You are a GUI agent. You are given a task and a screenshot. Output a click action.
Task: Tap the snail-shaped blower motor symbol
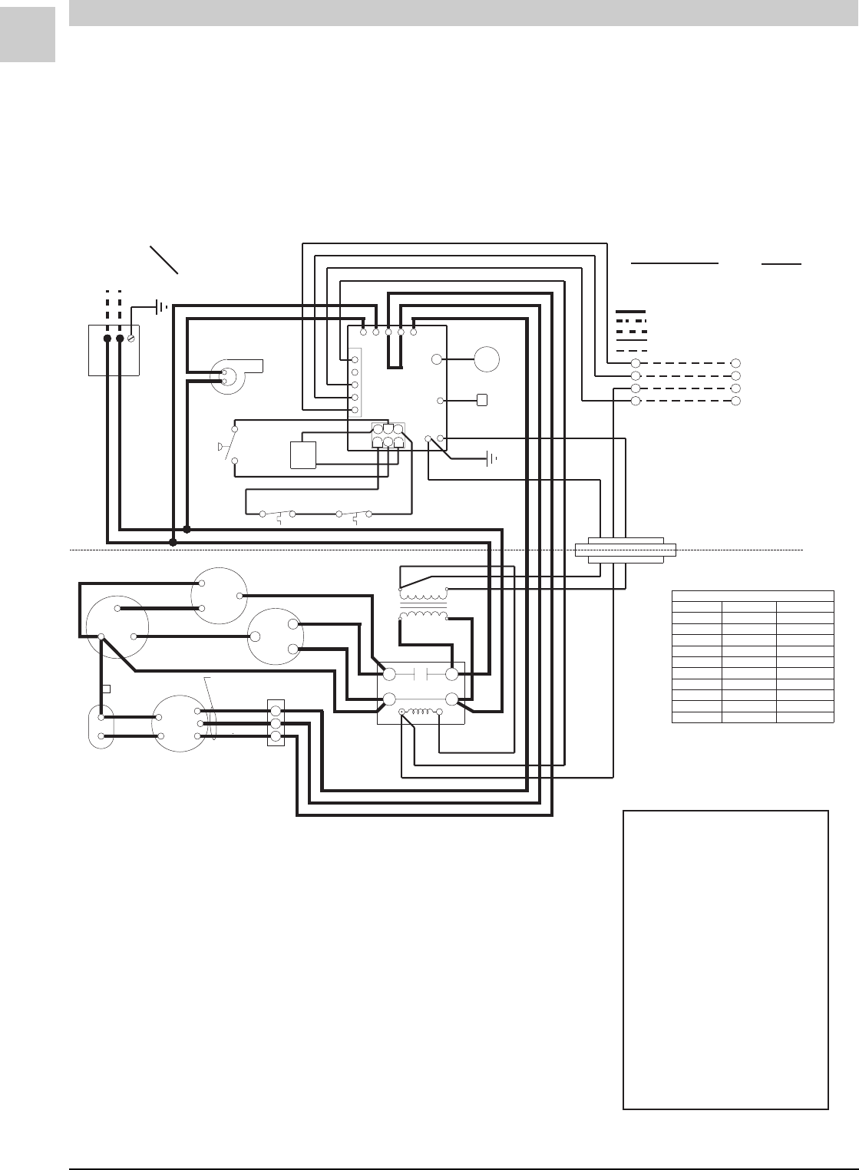(231, 375)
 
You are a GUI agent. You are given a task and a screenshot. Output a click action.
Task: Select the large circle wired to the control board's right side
(487, 359)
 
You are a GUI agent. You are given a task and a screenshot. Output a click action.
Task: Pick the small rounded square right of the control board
(482, 400)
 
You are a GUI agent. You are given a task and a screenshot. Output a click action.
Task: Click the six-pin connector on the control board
(388, 436)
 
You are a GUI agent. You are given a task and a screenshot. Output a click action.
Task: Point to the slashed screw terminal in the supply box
(131, 338)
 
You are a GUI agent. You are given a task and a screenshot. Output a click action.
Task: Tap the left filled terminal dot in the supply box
(107, 338)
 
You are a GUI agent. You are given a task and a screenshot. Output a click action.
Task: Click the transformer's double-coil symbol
(423, 603)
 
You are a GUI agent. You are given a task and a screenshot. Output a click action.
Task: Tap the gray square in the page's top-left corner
(28, 35)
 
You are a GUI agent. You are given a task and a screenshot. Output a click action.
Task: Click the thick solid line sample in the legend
(631, 312)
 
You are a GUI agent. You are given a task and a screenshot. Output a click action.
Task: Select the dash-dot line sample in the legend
(631, 321)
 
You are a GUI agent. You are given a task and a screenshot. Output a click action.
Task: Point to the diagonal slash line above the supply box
(164, 260)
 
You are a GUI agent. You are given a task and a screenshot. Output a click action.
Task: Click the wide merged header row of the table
(752, 595)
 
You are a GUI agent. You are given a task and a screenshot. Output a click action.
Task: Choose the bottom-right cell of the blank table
(804, 717)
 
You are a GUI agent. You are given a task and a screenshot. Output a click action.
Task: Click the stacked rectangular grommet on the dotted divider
(626, 550)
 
